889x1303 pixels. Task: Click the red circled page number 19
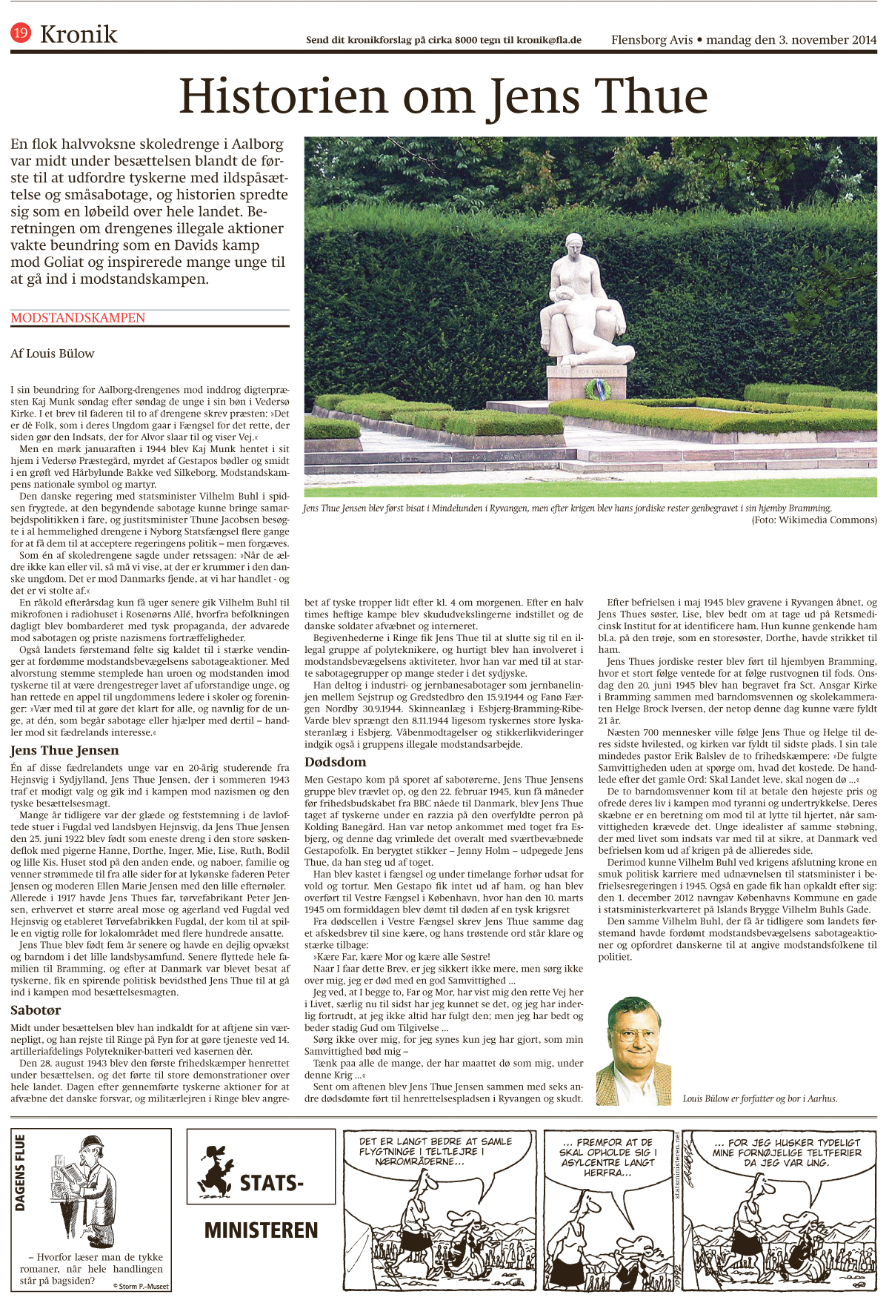[21, 33]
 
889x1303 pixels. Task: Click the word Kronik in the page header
[79, 34]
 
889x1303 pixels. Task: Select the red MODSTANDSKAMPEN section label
[78, 318]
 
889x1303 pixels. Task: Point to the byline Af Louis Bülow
[53, 354]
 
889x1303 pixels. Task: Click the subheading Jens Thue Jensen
[64, 751]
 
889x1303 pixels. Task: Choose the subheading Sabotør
[36, 1010]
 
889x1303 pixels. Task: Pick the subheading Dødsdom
[335, 762]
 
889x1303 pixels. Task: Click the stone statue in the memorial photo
[582, 304]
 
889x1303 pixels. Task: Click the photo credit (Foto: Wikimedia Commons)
[814, 520]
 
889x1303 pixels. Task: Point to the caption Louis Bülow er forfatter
[760, 1098]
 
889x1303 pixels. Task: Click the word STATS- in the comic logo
[271, 1183]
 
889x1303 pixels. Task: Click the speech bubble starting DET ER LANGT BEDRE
[436, 1151]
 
